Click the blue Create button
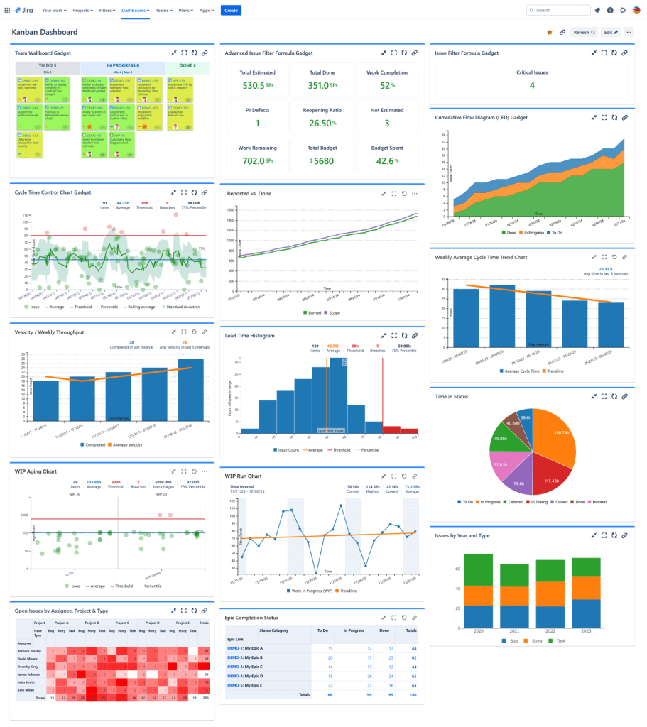pos(231,11)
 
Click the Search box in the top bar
pos(559,11)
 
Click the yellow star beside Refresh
pos(550,32)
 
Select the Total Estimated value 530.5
pos(254,85)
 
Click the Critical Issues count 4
pos(532,86)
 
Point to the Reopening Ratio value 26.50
pos(323,123)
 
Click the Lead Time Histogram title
pos(250,335)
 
